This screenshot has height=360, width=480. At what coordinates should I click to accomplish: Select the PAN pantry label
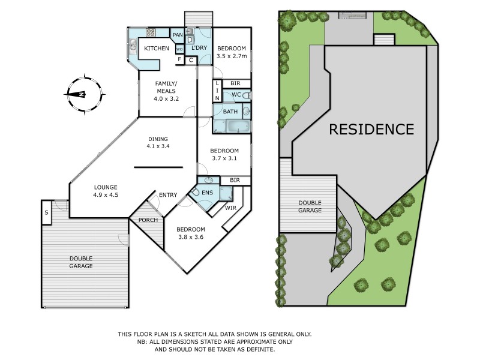(178, 35)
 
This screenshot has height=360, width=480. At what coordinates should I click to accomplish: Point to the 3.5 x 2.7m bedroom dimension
(232, 57)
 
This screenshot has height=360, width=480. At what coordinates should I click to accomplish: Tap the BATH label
(230, 112)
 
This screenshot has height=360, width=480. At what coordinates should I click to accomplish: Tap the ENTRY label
(168, 194)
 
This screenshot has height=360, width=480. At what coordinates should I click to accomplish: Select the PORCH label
(148, 220)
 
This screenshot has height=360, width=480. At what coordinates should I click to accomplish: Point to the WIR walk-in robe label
(230, 208)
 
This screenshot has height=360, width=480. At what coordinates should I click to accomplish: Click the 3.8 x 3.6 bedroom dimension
(191, 238)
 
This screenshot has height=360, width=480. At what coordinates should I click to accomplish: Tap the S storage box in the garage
(46, 212)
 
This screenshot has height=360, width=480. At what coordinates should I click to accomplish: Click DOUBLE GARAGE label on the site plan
(310, 207)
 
